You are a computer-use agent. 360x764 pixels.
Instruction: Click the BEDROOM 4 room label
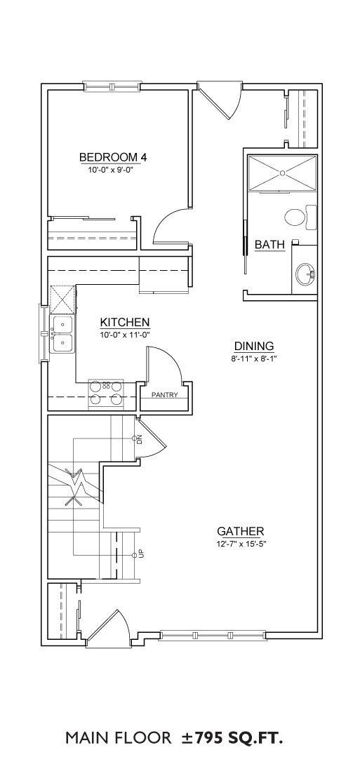[x=113, y=157]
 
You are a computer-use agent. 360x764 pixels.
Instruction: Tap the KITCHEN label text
[x=124, y=322]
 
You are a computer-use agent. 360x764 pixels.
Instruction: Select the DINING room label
[x=254, y=346]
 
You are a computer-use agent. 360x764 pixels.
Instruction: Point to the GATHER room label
[x=241, y=530]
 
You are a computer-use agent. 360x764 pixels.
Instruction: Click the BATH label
[x=270, y=245]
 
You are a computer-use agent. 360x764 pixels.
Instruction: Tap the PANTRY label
[x=164, y=395]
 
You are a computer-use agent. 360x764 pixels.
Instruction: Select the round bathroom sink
[x=305, y=275]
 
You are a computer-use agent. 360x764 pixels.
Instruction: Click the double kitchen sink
[x=61, y=334]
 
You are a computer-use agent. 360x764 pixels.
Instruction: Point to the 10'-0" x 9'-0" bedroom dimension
[x=111, y=170]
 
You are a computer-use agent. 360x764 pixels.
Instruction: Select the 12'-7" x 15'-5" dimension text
[x=242, y=543]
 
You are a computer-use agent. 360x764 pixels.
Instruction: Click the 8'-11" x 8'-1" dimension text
[x=254, y=358]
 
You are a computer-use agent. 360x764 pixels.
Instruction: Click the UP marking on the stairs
[x=141, y=554]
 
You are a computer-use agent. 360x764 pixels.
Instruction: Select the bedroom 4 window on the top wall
[x=112, y=86]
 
